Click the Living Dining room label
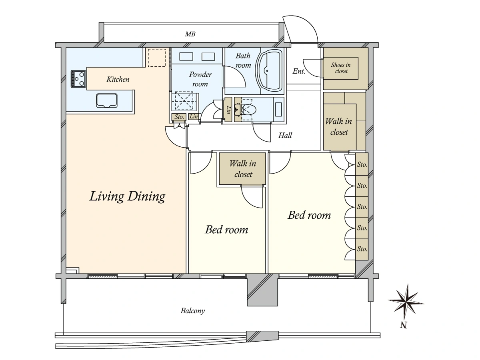127,196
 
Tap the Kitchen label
118,79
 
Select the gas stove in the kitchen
78,79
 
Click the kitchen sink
107,100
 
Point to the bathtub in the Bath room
270,70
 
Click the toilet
246,109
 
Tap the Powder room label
200,79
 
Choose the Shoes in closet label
341,68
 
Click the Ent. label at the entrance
299,71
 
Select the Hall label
285,136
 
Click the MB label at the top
190,34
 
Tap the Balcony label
193,311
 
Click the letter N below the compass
404,326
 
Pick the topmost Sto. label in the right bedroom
362,164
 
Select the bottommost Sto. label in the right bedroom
362,249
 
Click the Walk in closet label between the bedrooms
243,169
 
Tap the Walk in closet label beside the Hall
338,126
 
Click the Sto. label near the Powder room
179,117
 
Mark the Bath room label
243,60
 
